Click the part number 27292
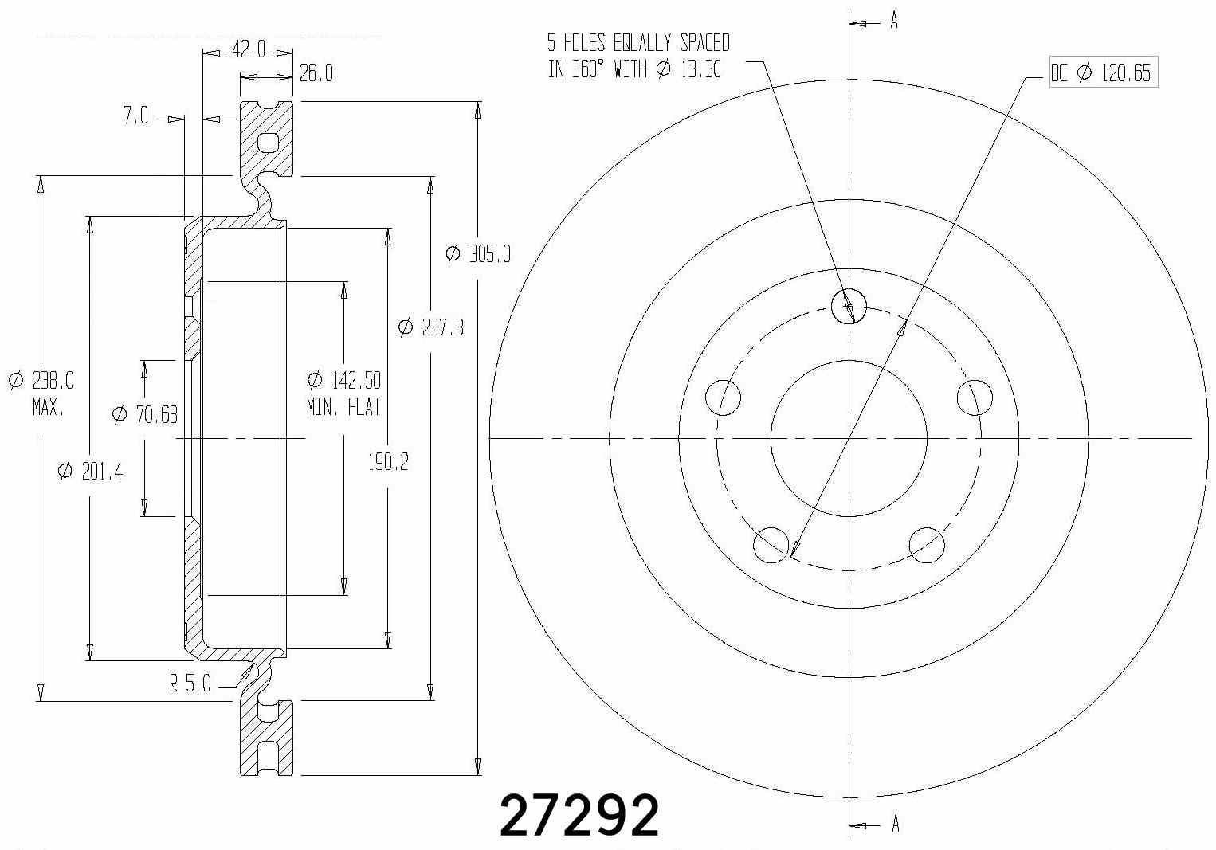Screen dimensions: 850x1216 579,815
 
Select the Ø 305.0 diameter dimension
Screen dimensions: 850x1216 478,254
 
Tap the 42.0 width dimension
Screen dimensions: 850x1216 248,50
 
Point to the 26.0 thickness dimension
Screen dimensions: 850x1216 316,74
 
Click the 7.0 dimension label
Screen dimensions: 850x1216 135,116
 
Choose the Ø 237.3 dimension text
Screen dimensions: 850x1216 430,327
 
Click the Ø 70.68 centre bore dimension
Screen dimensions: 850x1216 144,414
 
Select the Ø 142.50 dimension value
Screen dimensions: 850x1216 343,379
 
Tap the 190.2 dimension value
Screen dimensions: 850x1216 388,461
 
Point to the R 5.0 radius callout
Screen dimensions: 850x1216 190,684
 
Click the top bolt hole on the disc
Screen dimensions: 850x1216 848,305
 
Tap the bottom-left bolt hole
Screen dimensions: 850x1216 770,544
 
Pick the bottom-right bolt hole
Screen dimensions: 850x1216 927,544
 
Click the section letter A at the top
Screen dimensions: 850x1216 894,22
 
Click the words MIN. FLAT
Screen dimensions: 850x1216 343,407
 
